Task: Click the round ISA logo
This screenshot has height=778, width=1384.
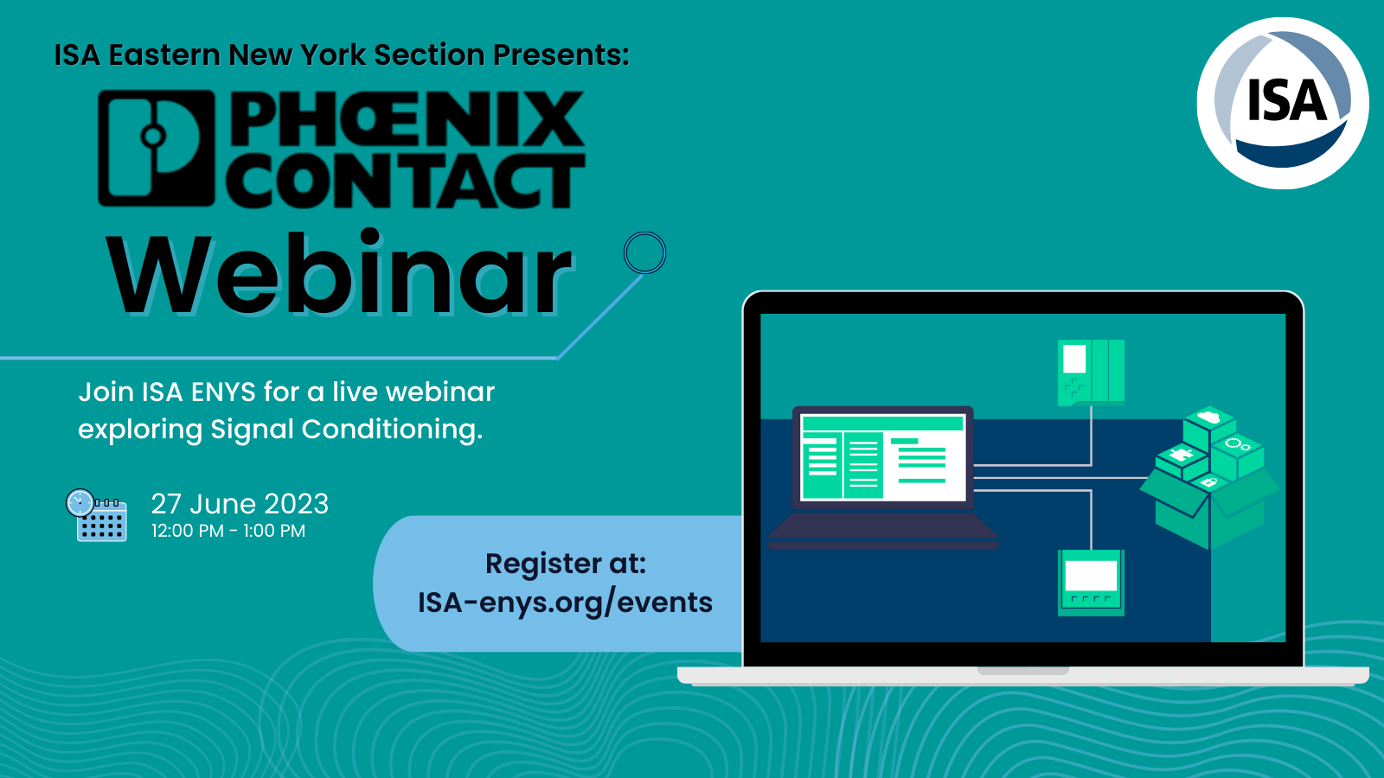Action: click(1282, 103)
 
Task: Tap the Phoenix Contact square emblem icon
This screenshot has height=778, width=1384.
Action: click(157, 148)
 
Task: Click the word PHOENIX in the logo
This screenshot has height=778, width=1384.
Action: click(407, 118)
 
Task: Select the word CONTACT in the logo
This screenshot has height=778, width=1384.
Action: click(406, 180)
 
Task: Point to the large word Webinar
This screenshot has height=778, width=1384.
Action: click(339, 273)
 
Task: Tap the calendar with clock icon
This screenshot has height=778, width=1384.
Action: click(96, 515)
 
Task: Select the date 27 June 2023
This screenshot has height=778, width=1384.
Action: click(240, 504)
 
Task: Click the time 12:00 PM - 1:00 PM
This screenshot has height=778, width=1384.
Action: click(228, 531)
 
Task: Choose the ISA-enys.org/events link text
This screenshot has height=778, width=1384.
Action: click(565, 603)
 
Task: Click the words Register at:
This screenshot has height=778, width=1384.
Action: click(566, 563)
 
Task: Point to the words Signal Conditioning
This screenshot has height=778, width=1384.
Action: click(346, 430)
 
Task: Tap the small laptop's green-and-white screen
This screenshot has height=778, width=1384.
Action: click(883, 457)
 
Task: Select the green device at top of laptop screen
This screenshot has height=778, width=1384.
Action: click(1091, 373)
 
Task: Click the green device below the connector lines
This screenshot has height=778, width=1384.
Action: click(1091, 583)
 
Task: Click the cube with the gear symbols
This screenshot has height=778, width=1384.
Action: click(1238, 455)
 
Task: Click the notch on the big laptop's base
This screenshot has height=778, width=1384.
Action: click(1023, 671)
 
